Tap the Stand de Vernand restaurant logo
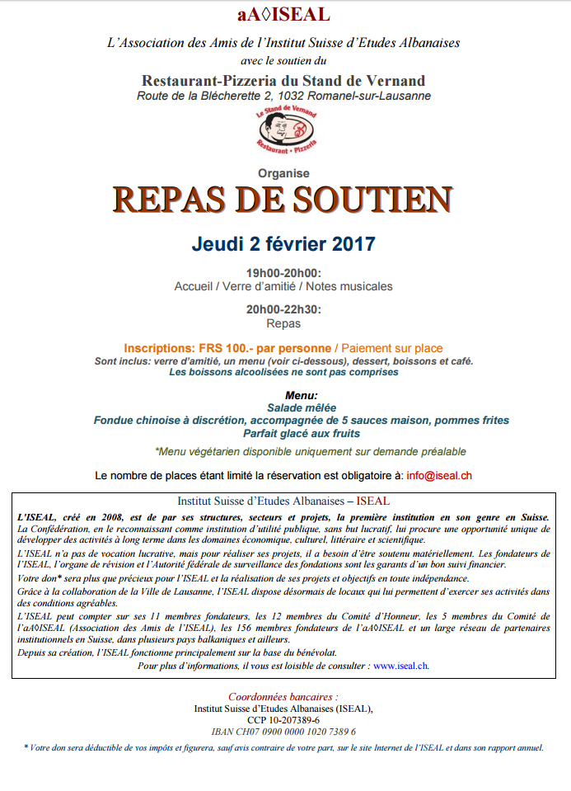point(283,131)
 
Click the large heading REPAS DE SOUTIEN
point(283,200)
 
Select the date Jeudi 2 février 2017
point(283,244)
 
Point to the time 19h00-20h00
point(283,273)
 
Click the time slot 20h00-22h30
point(283,310)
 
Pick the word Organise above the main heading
point(283,173)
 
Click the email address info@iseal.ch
point(439,476)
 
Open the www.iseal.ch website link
point(400,666)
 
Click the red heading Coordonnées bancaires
point(283,697)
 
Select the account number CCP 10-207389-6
point(283,720)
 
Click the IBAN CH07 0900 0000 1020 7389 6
point(283,732)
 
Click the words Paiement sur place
point(392,349)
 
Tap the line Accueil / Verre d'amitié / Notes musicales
point(283,287)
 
